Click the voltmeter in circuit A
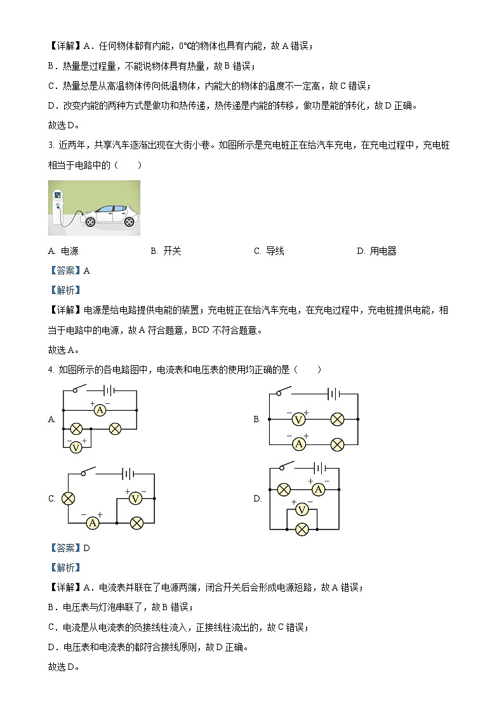(76, 447)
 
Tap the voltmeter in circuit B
(298, 419)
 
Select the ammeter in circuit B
(298, 444)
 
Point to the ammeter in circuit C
(93, 523)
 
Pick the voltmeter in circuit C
(135, 498)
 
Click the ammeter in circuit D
(319, 490)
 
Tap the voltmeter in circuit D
(302, 510)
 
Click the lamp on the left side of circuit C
(67, 498)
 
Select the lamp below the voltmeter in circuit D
(303, 529)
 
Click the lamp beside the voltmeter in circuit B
(338, 419)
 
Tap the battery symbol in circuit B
(331, 394)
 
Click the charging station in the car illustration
(58, 203)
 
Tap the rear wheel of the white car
(129, 222)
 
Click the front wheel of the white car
(90, 222)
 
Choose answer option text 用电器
(383, 251)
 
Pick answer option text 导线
(275, 251)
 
